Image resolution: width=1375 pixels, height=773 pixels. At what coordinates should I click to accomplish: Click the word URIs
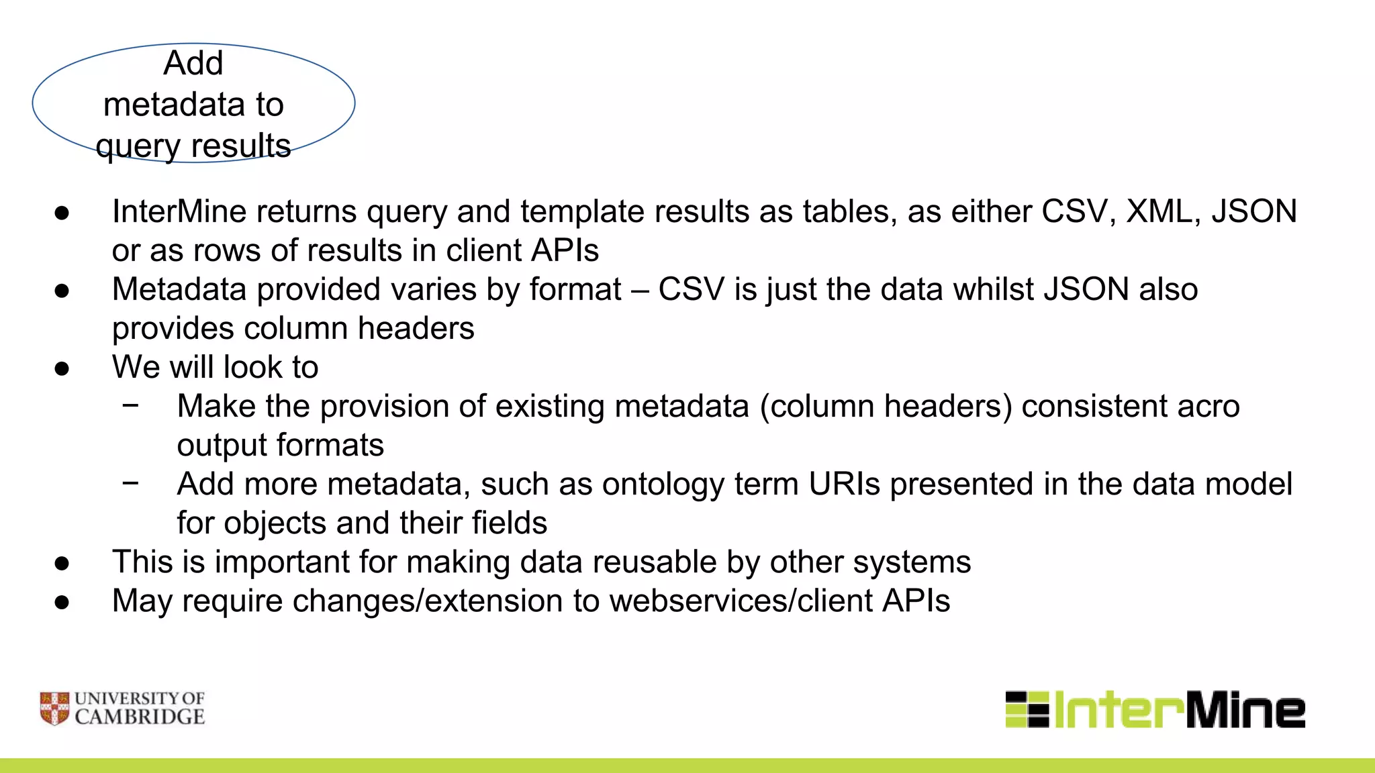pos(844,484)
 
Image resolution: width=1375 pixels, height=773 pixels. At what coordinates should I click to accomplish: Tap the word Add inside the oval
pos(193,64)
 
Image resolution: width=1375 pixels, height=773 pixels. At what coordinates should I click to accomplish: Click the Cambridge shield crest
pos(54,709)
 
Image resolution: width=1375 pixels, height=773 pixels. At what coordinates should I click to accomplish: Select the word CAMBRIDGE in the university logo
pos(140,717)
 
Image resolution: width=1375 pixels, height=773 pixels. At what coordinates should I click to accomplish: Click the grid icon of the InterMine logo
pos(1027,709)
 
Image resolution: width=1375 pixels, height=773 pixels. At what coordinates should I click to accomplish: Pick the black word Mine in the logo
pos(1246,710)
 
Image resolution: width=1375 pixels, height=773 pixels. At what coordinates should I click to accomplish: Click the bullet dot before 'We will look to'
pos(62,368)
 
